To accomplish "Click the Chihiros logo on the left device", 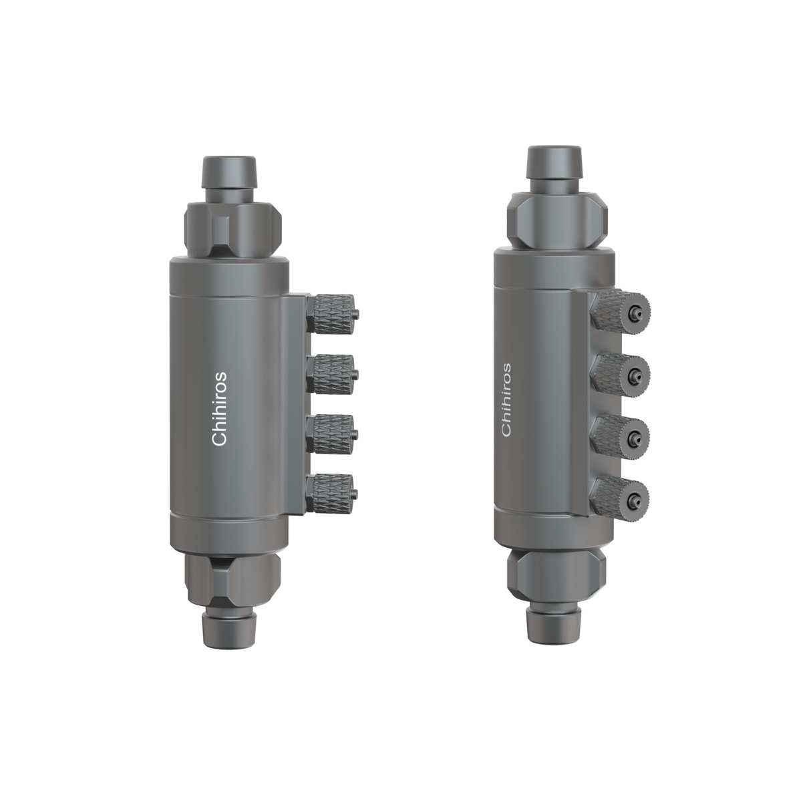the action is (x=219, y=408).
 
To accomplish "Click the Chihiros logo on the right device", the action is (x=507, y=399).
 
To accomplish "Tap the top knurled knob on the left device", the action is (x=333, y=313).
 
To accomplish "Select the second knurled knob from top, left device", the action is (x=333, y=374).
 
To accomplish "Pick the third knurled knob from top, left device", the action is (x=333, y=435).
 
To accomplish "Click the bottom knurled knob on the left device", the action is (x=333, y=493).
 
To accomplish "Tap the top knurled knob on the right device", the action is (x=621, y=312).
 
